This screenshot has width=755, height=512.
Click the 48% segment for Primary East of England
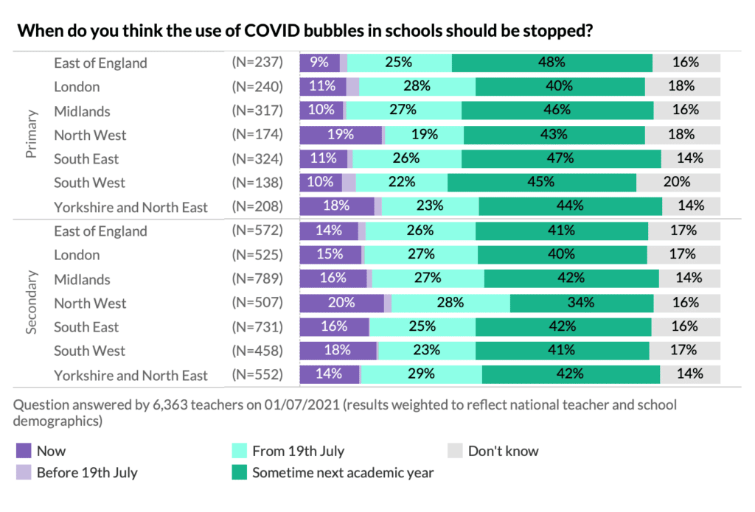pos(552,63)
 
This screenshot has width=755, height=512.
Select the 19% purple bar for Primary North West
pos(341,135)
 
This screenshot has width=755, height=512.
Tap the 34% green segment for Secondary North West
pos(581,303)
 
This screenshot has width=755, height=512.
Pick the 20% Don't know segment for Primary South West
pos(678,183)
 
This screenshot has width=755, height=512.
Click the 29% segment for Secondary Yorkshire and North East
pos(421,374)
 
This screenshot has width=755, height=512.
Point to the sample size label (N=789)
pos(257,279)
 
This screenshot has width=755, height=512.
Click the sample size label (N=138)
pos(257,183)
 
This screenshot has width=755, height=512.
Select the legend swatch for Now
pos(23,451)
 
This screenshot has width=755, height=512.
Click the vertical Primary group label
pos(32,135)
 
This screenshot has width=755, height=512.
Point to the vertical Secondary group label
pos(32,303)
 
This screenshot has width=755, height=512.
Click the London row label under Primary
pos(77,86)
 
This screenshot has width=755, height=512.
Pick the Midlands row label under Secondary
pos(82,279)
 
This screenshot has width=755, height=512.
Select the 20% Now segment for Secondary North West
pos(342,303)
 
